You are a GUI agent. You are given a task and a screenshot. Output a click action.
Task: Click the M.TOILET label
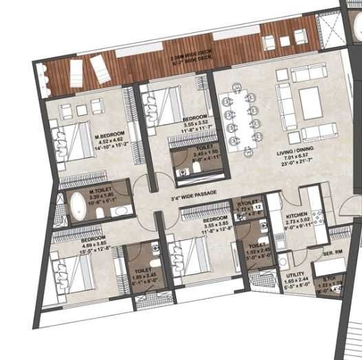100,189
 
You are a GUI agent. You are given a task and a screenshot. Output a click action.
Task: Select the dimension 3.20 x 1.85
100,195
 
